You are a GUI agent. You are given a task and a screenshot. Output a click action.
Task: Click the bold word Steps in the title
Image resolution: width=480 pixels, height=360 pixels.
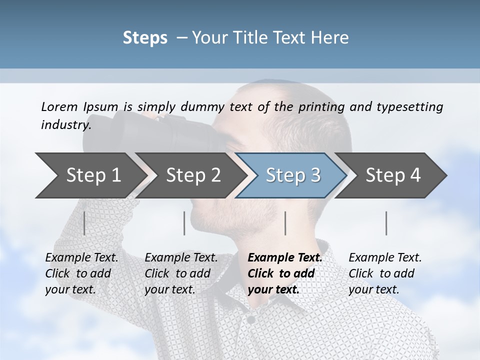pyautogui.click(x=145, y=38)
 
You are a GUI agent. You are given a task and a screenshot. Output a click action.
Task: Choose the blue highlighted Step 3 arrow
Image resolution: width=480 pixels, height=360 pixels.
pyautogui.click(x=292, y=175)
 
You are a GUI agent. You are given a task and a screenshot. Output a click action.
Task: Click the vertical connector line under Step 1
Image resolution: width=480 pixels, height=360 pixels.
pyautogui.click(x=84, y=223)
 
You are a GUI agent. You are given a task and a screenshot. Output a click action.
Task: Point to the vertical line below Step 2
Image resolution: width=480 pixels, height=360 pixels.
pyautogui.click(x=184, y=223)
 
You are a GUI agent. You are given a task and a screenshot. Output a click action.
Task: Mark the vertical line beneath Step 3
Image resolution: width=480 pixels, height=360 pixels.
pyautogui.click(x=285, y=223)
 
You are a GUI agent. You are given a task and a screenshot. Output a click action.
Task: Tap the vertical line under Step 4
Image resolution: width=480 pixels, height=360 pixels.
pyautogui.click(x=386, y=223)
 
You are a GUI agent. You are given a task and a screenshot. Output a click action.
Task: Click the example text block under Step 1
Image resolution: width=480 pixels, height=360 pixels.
pyautogui.click(x=81, y=273)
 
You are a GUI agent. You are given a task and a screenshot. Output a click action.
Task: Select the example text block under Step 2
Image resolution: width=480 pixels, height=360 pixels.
pyautogui.click(x=181, y=273)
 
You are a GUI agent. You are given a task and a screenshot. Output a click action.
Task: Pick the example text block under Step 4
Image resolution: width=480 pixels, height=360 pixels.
pyautogui.click(x=385, y=273)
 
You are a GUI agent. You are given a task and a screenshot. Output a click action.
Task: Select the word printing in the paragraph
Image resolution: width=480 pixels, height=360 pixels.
pyautogui.click(x=321, y=106)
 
